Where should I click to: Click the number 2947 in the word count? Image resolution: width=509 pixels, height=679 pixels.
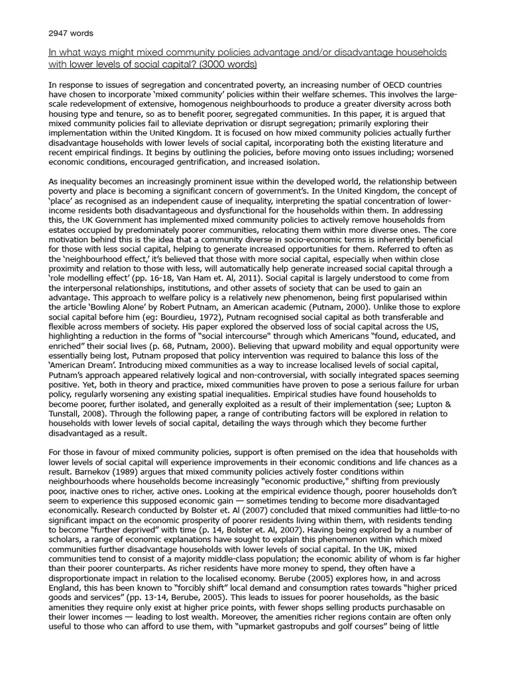pyautogui.click(x=58, y=32)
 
